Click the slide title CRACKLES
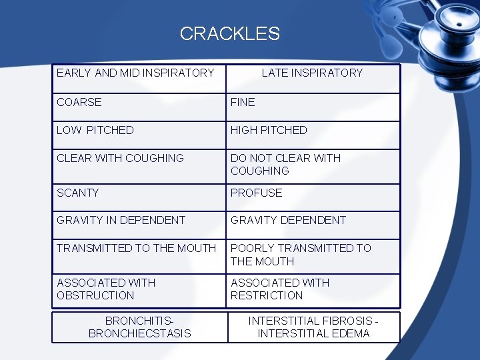229,33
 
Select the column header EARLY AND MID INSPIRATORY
135,73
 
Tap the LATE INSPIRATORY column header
312,73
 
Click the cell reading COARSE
79,102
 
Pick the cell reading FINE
243,102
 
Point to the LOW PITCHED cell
95,130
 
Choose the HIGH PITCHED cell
269,130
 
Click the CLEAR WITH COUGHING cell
120,158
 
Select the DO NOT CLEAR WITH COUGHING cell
285,164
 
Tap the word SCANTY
78,193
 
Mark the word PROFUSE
257,193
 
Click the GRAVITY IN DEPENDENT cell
121,220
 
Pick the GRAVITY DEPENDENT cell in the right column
289,220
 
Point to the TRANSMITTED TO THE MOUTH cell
137,248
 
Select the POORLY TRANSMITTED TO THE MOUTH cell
301,255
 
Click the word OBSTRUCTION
95,295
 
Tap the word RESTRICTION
267,295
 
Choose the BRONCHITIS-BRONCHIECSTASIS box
139,327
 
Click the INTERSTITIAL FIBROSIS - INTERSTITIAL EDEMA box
313,327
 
